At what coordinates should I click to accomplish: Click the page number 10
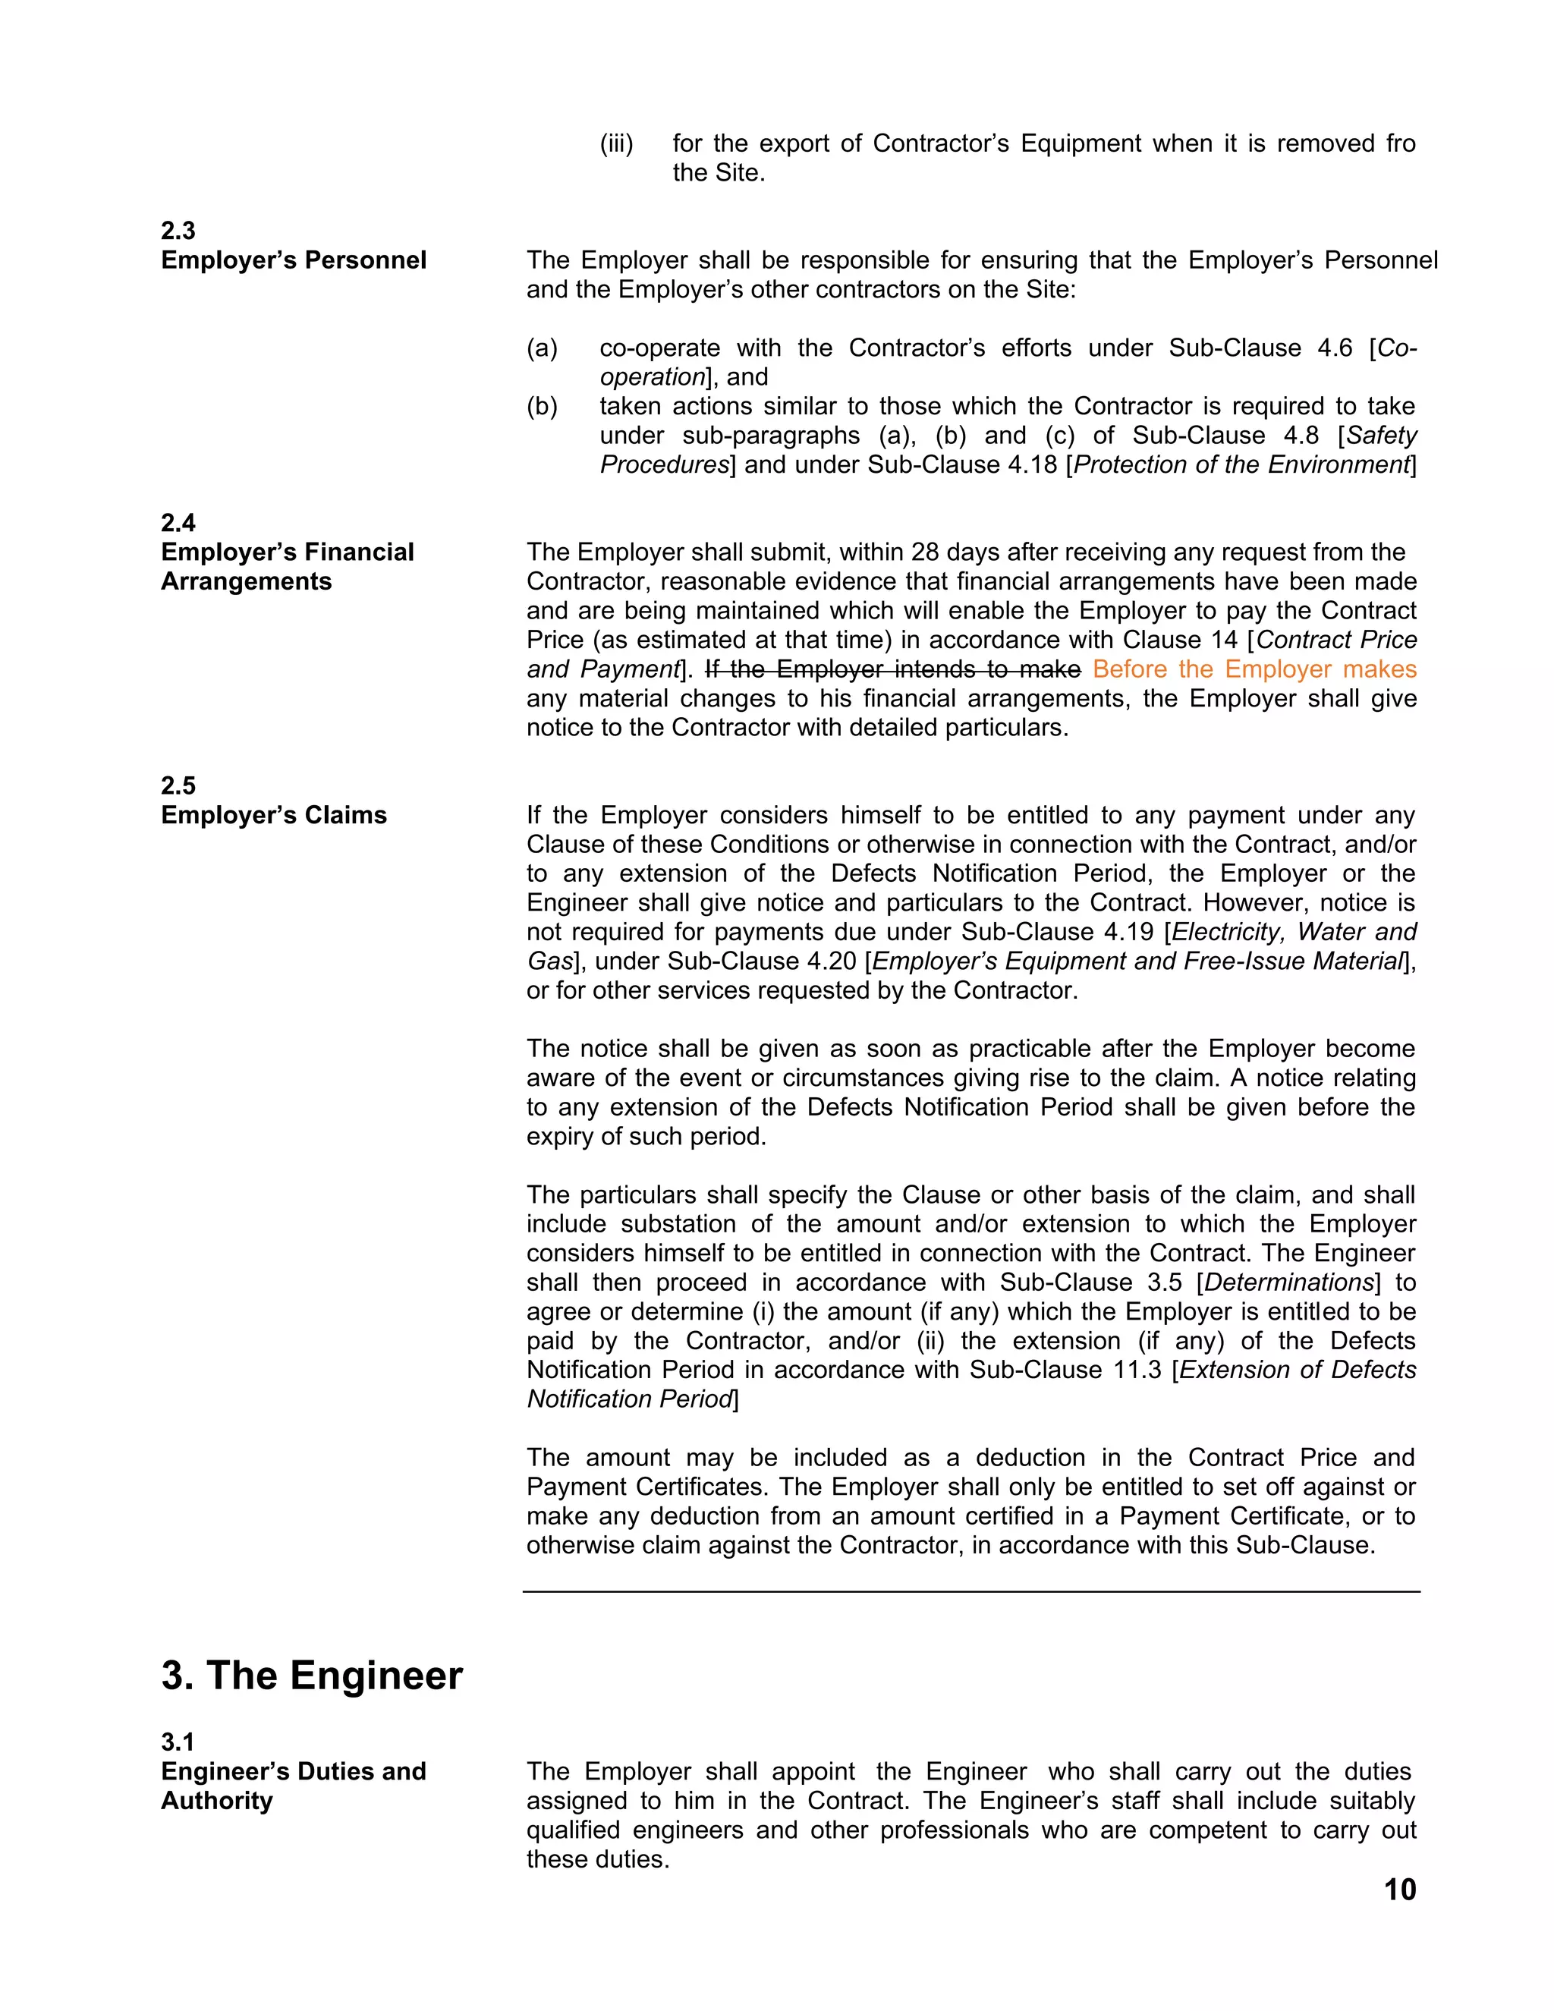point(1399,1890)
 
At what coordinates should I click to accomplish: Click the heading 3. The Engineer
point(312,1675)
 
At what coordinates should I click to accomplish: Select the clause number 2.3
point(178,230)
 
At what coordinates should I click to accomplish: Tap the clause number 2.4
point(178,523)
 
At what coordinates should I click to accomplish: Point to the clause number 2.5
point(178,785)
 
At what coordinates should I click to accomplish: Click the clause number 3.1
point(178,1742)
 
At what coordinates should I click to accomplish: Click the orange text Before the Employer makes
point(1254,669)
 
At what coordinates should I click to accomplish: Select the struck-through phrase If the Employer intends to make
point(892,669)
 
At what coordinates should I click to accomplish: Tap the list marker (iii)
point(616,143)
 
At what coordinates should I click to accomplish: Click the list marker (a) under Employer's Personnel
point(543,348)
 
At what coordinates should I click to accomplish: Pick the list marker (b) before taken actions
point(543,406)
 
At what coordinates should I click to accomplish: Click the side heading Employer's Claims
point(273,815)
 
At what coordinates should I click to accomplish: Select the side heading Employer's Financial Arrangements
point(288,566)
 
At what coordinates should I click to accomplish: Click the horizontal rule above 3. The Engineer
point(971,1591)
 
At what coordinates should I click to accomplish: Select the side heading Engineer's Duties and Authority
point(293,1786)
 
